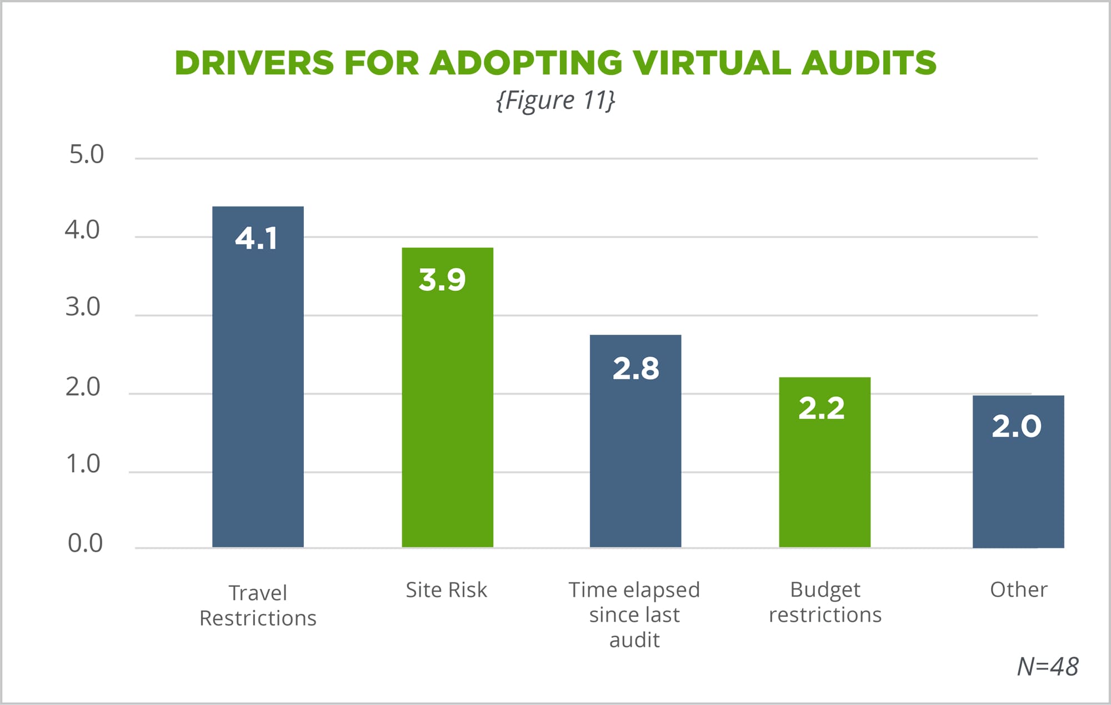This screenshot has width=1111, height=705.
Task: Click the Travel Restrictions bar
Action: (x=258, y=389)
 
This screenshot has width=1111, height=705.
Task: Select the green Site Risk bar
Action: (x=447, y=411)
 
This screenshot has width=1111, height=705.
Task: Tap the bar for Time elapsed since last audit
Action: (x=635, y=455)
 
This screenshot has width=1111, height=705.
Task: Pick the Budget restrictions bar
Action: (x=824, y=472)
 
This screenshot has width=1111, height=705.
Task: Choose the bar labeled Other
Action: (x=1018, y=489)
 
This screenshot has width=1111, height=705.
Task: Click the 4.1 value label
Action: (x=256, y=239)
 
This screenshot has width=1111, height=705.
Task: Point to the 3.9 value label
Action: (x=442, y=279)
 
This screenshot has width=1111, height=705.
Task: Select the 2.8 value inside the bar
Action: (x=635, y=368)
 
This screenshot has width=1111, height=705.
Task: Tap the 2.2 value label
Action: (x=822, y=409)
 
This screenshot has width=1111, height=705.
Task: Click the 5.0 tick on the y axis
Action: (x=86, y=154)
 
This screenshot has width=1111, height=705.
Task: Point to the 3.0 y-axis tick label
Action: (x=83, y=307)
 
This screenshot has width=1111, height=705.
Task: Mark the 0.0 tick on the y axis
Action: (x=85, y=543)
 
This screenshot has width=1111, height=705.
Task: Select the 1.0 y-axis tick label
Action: (x=83, y=464)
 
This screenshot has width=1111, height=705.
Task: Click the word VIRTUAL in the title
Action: (x=712, y=62)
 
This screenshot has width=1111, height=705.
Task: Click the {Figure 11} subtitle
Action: (x=555, y=100)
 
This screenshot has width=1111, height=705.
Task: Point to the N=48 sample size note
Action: (x=1047, y=667)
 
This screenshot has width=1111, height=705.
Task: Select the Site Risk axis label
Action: (x=446, y=590)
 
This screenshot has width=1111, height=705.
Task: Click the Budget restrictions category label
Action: (x=825, y=602)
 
